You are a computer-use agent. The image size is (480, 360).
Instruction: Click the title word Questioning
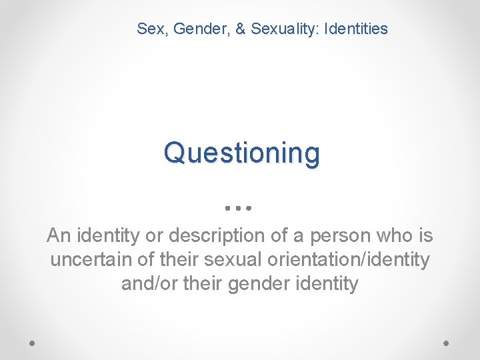[241, 153]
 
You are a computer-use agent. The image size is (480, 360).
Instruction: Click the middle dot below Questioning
[237, 208]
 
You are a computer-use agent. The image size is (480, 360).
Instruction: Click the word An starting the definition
[57, 235]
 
